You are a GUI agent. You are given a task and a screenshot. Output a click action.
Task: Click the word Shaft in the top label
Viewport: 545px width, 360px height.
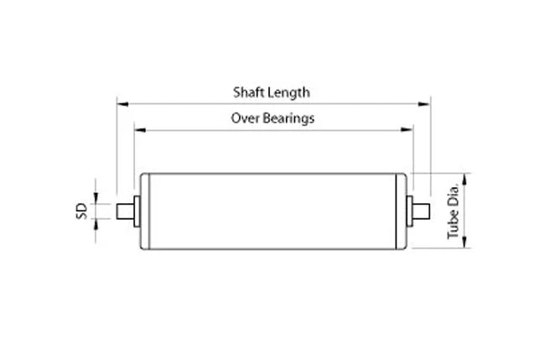point(246,92)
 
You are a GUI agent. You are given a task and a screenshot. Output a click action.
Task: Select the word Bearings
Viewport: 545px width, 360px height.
point(288,119)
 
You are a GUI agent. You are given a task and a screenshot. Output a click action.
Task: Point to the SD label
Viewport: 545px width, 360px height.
point(81,211)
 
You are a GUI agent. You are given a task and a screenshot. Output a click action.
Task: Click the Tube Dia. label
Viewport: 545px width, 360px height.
point(454,211)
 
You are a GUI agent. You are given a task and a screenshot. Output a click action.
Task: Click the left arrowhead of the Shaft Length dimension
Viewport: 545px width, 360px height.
point(122,104)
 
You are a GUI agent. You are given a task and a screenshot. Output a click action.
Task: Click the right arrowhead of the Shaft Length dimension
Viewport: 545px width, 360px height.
point(424,104)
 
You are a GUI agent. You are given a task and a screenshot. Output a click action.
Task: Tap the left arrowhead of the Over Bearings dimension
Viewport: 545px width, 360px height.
point(140,130)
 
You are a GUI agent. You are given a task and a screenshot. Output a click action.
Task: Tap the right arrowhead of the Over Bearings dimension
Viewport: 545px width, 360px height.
point(407,130)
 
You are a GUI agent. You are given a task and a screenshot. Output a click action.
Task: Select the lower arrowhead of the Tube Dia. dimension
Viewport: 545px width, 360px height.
point(465,243)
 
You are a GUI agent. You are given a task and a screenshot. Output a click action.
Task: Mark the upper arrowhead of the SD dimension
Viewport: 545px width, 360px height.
point(96,198)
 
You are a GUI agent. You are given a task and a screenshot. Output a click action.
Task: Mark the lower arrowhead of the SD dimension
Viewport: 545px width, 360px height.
point(96,225)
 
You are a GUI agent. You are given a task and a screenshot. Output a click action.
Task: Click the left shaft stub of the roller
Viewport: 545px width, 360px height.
point(125,211)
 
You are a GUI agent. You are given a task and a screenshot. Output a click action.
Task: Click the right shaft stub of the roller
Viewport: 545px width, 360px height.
point(421,211)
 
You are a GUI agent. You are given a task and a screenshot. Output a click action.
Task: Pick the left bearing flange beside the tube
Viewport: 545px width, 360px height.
point(137,211)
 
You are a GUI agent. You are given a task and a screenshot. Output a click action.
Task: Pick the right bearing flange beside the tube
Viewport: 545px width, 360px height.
point(409,211)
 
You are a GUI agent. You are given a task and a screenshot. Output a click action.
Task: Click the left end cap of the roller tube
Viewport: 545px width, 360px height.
point(144,211)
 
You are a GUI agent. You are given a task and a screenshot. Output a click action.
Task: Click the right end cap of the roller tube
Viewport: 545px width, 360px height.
point(402,211)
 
